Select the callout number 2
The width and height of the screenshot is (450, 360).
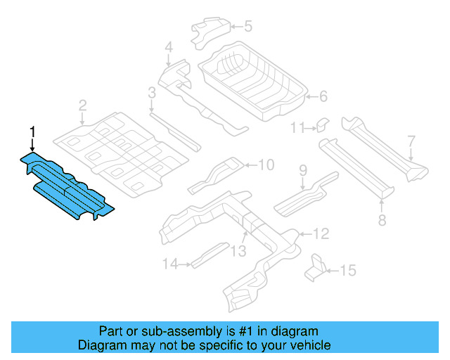click(x=82, y=106)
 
